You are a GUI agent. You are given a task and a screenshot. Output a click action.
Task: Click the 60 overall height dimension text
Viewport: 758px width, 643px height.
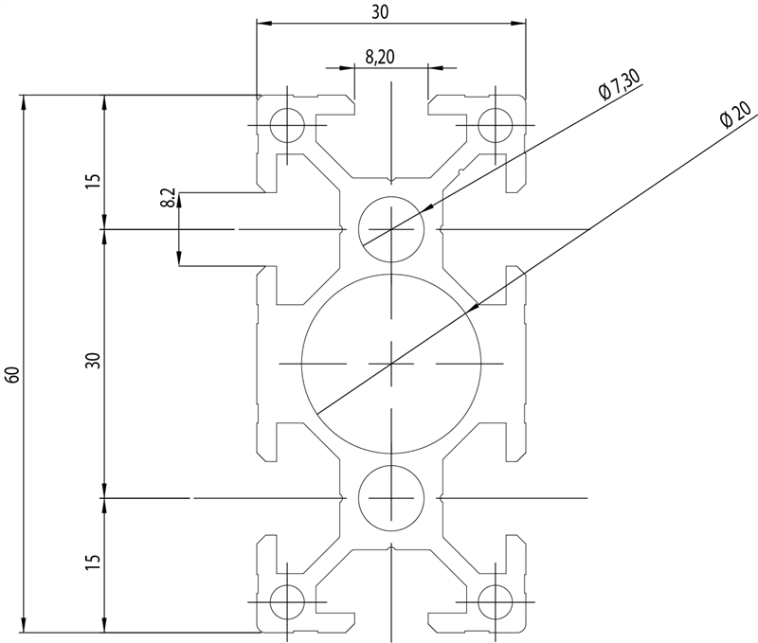(12, 374)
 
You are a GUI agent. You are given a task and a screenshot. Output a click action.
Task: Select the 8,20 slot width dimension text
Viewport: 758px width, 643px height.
(380, 59)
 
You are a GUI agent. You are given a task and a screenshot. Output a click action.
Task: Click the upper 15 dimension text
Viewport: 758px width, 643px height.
(92, 180)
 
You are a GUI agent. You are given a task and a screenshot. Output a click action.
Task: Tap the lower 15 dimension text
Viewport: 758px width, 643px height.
(92, 562)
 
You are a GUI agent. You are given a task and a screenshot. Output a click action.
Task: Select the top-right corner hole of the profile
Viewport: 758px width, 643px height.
(494, 125)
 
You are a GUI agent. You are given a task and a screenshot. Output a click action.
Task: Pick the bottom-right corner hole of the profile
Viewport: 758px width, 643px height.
(494, 600)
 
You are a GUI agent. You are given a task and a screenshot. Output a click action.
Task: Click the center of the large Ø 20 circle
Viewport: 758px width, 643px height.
(390, 363)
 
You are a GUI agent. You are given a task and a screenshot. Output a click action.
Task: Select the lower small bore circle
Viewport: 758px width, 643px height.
(390, 497)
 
